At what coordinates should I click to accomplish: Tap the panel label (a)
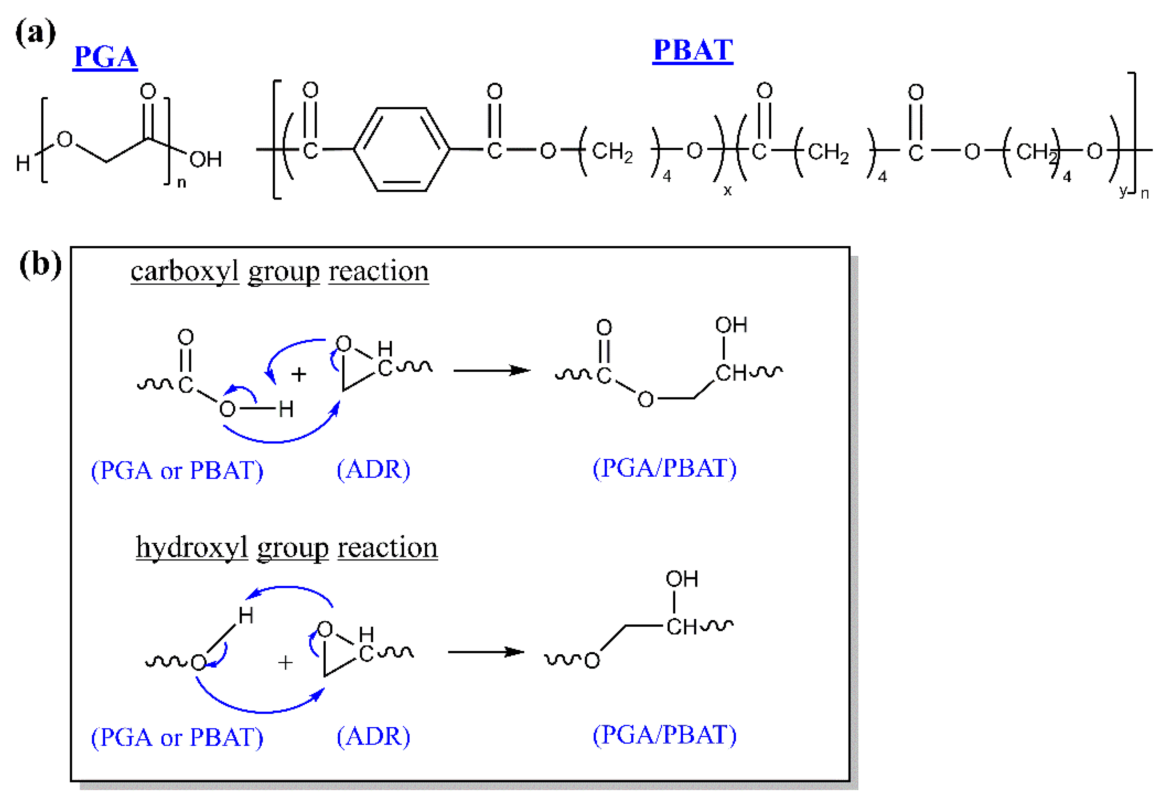tap(35, 33)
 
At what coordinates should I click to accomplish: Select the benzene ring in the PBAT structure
tap(401, 149)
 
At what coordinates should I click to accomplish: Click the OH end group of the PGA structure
tap(206, 159)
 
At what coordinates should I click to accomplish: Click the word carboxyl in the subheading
tap(184, 271)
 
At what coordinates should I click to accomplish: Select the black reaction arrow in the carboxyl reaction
tap(492, 370)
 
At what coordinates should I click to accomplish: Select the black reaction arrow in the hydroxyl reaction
tap(486, 652)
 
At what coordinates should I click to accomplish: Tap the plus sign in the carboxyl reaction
tap(298, 374)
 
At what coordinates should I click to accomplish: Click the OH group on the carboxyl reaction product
tap(731, 325)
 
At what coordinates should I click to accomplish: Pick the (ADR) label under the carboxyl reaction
tap(373, 469)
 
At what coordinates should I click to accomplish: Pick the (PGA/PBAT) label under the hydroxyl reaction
tap(664, 735)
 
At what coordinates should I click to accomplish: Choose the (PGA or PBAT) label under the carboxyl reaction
tap(177, 471)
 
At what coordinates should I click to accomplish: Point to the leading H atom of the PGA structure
tap(23, 163)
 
